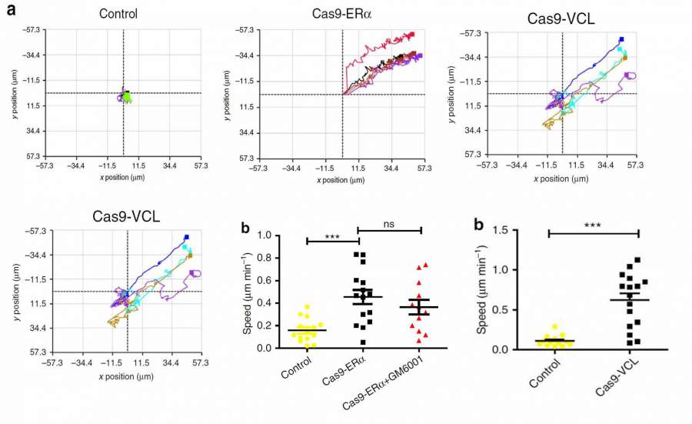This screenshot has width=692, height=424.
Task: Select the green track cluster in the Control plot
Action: click(x=126, y=96)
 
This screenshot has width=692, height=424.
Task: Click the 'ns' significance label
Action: click(x=390, y=222)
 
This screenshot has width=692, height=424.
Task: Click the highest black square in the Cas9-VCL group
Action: click(x=637, y=260)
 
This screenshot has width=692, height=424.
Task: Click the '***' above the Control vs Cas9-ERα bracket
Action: click(x=333, y=235)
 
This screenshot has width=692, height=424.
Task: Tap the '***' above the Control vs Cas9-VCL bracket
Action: click(x=593, y=225)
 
